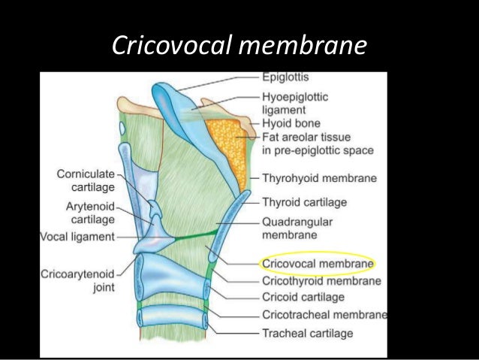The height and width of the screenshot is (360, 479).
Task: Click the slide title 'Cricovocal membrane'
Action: [239, 46]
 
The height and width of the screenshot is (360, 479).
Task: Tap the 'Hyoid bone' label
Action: [291, 123]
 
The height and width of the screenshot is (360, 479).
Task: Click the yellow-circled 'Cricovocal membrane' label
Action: [316, 264]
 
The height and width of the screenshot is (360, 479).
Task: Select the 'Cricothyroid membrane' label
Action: [321, 281]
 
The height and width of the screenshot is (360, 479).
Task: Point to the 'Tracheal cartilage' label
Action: [307, 332]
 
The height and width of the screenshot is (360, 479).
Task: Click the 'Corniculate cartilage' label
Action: [86, 180]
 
